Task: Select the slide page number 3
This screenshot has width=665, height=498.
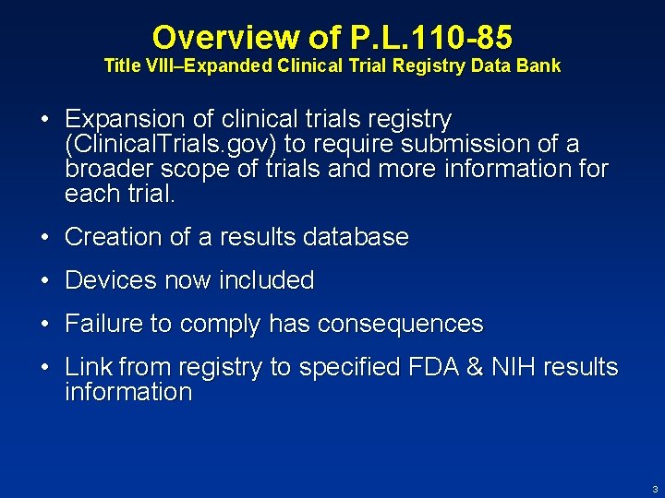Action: pos(654,489)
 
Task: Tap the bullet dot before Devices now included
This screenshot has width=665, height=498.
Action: pos(44,280)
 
